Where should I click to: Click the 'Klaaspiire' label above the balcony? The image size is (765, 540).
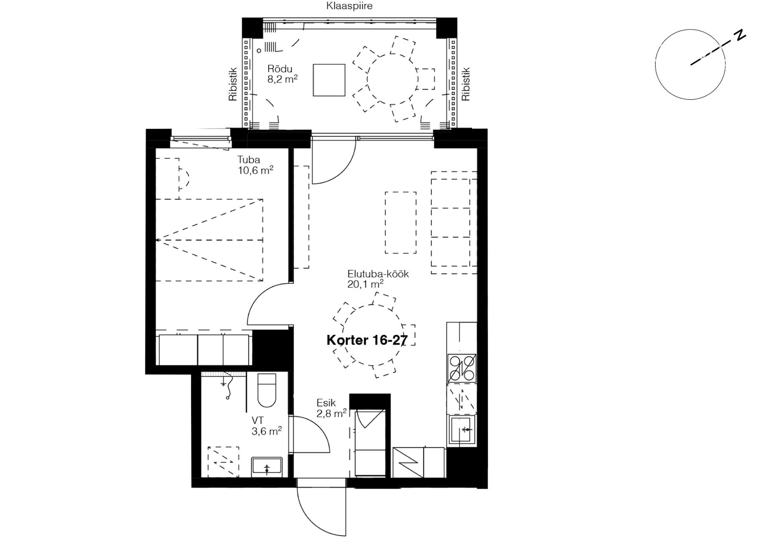pos(349,6)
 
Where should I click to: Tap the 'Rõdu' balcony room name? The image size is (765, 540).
pos(280,69)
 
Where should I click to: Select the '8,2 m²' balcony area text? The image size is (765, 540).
pos(282,79)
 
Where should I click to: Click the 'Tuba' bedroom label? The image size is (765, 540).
pos(249,160)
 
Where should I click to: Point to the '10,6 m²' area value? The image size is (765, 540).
pos(255,171)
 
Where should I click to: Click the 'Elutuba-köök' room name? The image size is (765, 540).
pos(378,274)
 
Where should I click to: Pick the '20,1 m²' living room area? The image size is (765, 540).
pos(365,284)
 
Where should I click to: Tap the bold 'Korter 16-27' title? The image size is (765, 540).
pos(367,340)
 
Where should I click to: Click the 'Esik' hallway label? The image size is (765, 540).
pos(326,403)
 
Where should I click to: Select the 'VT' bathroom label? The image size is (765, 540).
pos(257,420)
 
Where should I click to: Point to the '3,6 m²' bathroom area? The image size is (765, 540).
pos(267,431)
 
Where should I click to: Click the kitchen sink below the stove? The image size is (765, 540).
pos(462,430)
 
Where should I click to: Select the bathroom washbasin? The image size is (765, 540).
pos(267,467)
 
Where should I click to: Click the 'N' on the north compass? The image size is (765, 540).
pos(740,35)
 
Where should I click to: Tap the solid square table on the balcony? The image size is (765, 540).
pos(329,80)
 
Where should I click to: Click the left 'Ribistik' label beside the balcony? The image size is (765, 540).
pos(233,84)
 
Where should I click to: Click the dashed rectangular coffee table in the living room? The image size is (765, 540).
pos(401,223)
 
